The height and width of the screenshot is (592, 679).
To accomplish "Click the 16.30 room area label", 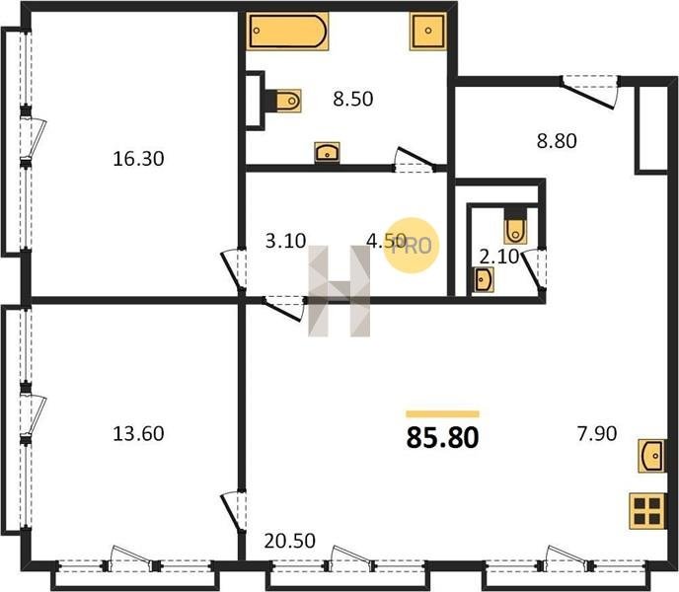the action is [x=138, y=159].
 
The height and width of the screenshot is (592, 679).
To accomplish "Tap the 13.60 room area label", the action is [x=138, y=433].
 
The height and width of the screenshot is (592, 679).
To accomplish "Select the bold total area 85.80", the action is [x=442, y=437].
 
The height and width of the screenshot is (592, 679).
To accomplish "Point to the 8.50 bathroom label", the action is [x=353, y=99].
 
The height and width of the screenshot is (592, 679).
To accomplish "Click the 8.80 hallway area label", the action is [x=557, y=141].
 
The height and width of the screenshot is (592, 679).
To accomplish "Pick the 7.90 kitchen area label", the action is [x=597, y=433].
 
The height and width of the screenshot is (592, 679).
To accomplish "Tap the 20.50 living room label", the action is [x=290, y=541].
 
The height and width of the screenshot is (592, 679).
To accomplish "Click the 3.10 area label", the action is [x=286, y=241].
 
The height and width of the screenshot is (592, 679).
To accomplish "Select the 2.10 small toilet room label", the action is [x=499, y=257].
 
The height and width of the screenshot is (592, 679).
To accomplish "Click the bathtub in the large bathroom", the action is [x=287, y=32].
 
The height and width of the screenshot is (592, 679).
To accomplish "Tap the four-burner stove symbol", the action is [x=647, y=511].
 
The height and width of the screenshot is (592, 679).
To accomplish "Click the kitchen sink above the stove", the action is [x=651, y=456].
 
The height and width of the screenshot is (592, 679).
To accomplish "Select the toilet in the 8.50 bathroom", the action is [x=284, y=101].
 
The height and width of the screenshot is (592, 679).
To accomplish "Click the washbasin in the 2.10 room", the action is [x=483, y=280].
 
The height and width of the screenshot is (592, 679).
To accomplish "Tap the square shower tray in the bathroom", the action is [x=428, y=31].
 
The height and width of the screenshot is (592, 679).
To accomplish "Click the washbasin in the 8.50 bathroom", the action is [x=327, y=152].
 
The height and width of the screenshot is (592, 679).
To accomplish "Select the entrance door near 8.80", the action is [x=588, y=92].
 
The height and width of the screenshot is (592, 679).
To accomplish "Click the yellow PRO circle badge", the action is [x=412, y=246].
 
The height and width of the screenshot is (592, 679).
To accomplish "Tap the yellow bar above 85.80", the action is [x=442, y=414].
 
